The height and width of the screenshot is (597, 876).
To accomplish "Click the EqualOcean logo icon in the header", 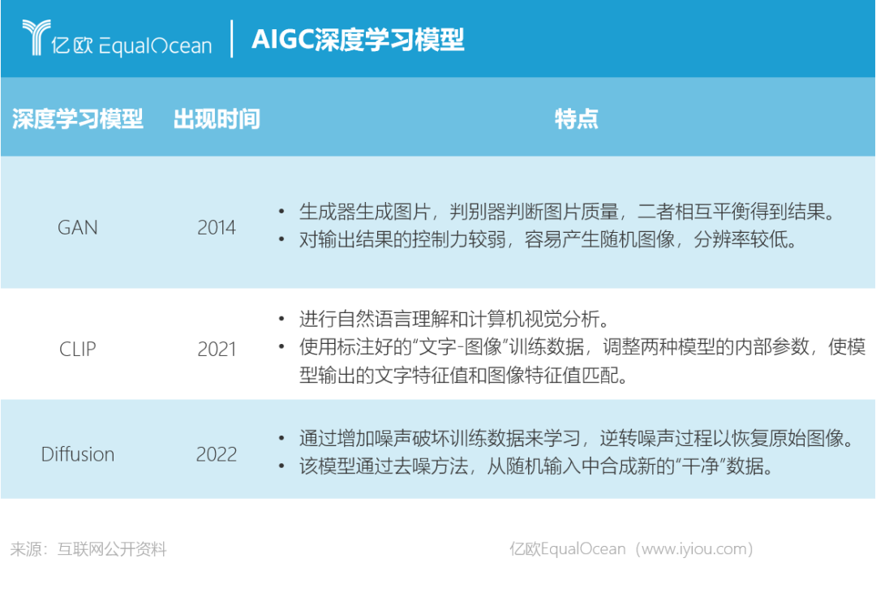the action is pos(36,37).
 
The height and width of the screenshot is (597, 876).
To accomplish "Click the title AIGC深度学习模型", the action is pos(358,39).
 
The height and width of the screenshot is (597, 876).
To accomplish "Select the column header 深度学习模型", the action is pos(78,119).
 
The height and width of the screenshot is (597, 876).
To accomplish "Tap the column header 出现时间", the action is pos(217,119).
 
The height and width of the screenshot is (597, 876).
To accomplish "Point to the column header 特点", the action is pos(576,119).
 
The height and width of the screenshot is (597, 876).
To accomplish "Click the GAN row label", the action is pos(78,227).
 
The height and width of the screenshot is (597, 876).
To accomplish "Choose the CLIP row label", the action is pos(78,349).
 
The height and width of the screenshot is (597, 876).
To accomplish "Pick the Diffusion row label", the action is pos(78,454).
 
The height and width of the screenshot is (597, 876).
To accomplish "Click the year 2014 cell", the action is pos(217,227).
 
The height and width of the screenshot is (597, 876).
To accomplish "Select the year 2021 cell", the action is pos(217,349).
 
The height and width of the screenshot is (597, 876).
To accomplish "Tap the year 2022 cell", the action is pos(217,454).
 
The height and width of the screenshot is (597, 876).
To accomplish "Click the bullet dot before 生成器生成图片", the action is pos(281,212).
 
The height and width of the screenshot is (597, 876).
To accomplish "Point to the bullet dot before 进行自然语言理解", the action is pos(281,320).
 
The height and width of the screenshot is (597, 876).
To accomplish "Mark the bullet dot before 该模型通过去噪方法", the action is pos(281,466).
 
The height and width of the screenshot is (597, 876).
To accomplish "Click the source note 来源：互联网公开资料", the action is pos(88,549).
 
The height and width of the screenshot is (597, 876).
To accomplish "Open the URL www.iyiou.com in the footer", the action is pos(693,549).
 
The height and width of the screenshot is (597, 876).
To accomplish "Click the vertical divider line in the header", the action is pos(232,39).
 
